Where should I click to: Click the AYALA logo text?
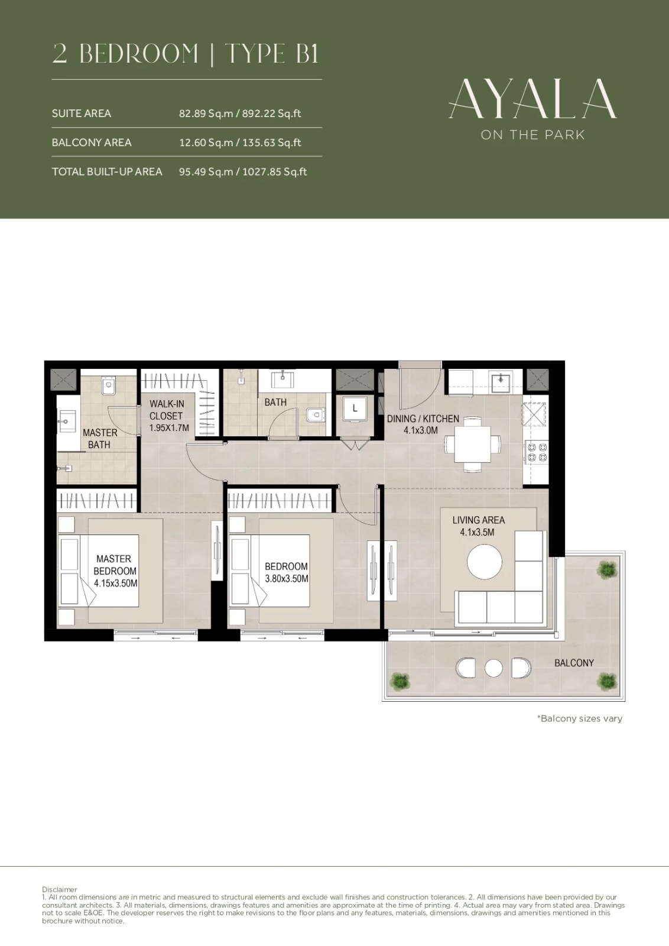532,99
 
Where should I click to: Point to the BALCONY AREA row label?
92,142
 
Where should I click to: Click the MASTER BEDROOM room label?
115,565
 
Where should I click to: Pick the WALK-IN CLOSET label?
167,410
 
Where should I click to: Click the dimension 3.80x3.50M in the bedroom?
287,579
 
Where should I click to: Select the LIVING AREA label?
479,520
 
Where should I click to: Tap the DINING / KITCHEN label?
423,419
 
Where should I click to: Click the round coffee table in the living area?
485,562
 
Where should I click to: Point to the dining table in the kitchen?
472,444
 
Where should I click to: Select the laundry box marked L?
355,409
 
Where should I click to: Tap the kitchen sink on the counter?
500,382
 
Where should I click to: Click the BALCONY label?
574,663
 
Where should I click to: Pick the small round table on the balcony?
493,668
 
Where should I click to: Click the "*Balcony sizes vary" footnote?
580,718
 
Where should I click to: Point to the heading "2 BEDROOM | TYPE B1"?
186,54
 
